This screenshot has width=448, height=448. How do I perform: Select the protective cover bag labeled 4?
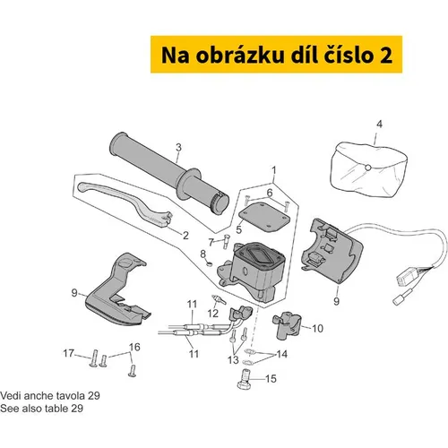click(x=369, y=168)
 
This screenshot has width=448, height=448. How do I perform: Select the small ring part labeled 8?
click(x=210, y=263)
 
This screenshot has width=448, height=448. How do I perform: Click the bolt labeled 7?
click(x=226, y=242)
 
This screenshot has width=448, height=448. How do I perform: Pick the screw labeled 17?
click(x=94, y=358)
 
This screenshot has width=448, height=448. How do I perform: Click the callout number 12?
click(x=213, y=314)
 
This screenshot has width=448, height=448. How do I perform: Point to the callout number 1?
click(x=274, y=170)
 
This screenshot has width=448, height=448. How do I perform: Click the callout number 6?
click(x=270, y=193)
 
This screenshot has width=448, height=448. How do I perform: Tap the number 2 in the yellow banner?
click(x=386, y=56)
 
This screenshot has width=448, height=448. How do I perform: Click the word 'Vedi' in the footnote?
click(x=11, y=396)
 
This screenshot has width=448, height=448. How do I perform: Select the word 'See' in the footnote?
click(x=10, y=409)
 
